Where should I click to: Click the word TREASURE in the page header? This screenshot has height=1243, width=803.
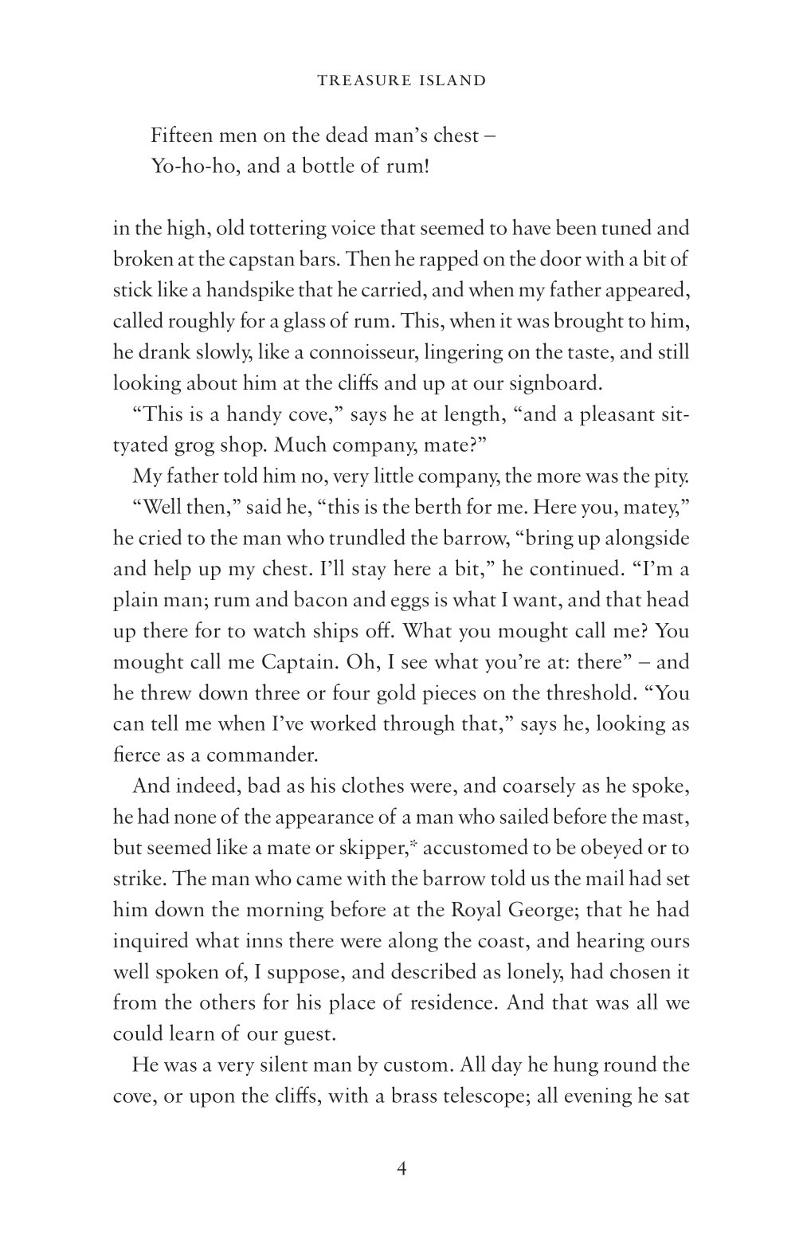355,80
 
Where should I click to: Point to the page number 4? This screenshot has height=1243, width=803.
401,1169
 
